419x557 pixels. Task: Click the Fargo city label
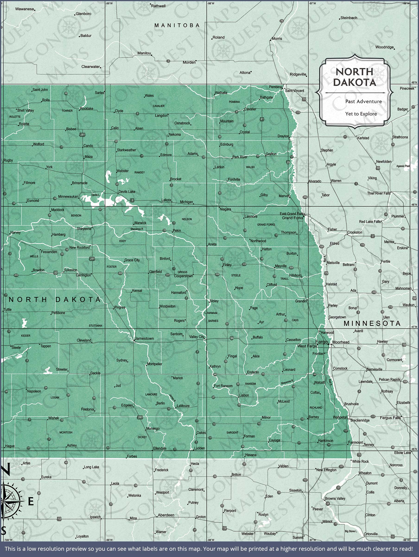321,342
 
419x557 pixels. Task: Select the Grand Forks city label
292,218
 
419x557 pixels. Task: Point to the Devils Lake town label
127,192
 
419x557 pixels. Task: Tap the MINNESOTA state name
372,324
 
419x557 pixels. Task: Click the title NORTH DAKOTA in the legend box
354,77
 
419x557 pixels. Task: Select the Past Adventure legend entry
363,101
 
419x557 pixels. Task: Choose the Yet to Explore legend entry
361,114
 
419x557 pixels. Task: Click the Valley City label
197,337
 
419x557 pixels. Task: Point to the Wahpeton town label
340,417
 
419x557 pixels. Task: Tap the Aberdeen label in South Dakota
166,515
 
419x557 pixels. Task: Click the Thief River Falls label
379,193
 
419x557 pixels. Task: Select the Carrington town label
83,275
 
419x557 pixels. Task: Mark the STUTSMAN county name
95,326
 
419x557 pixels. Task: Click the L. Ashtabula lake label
211,313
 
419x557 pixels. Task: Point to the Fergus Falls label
390,418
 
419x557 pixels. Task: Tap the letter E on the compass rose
31,502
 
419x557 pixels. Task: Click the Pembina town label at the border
275,87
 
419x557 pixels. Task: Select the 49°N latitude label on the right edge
414,82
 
